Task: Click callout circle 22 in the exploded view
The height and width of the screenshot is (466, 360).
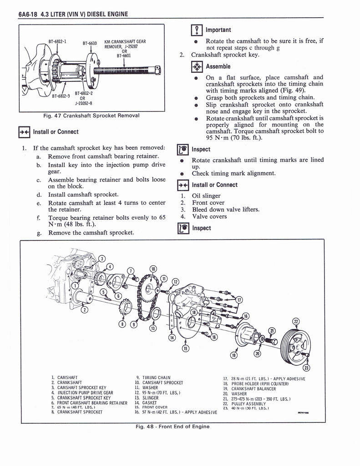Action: click(x=296, y=322)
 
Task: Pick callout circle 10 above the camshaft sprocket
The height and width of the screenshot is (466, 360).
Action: click(x=153, y=268)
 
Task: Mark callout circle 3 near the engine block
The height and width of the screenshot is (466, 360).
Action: click(x=102, y=259)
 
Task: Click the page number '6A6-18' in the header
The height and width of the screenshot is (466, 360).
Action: click(x=28, y=14)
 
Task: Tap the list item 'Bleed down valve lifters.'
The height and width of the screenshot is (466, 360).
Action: click(x=220, y=209)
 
